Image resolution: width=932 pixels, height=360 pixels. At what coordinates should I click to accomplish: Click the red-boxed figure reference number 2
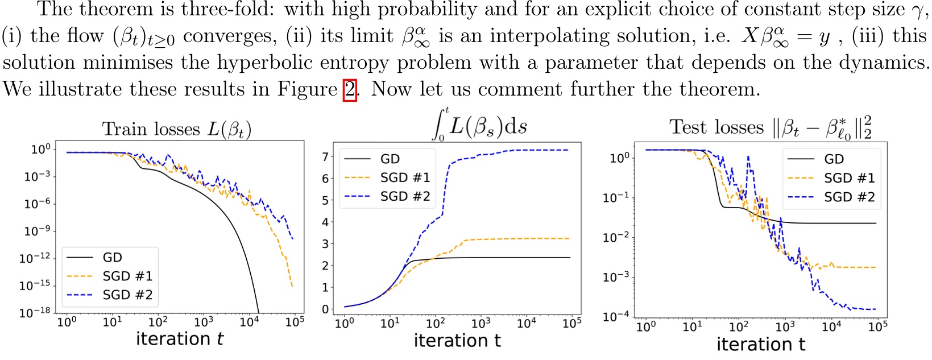[x=350, y=90]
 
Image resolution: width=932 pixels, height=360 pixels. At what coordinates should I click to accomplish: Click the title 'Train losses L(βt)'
[x=176, y=129]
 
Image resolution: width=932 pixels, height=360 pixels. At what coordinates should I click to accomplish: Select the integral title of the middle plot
[x=481, y=126]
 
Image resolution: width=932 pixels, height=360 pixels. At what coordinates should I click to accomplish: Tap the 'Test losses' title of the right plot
[x=771, y=128]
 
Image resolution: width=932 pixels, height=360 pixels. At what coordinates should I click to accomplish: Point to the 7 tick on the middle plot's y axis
[x=326, y=156]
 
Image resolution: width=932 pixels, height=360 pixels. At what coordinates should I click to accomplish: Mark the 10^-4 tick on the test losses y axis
[x=616, y=316]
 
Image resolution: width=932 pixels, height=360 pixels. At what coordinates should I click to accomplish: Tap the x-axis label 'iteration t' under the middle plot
[x=457, y=341]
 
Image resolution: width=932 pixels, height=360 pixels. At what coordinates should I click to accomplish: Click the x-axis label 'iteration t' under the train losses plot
[x=180, y=340]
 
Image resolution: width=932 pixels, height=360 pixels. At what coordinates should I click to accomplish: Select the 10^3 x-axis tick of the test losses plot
[x=785, y=326]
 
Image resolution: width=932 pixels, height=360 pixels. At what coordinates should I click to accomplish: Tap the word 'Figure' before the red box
[x=308, y=90]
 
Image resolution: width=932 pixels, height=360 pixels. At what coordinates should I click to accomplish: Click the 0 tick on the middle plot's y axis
[x=326, y=309]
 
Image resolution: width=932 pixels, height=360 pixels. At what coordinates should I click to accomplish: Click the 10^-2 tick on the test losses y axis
[x=616, y=237]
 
